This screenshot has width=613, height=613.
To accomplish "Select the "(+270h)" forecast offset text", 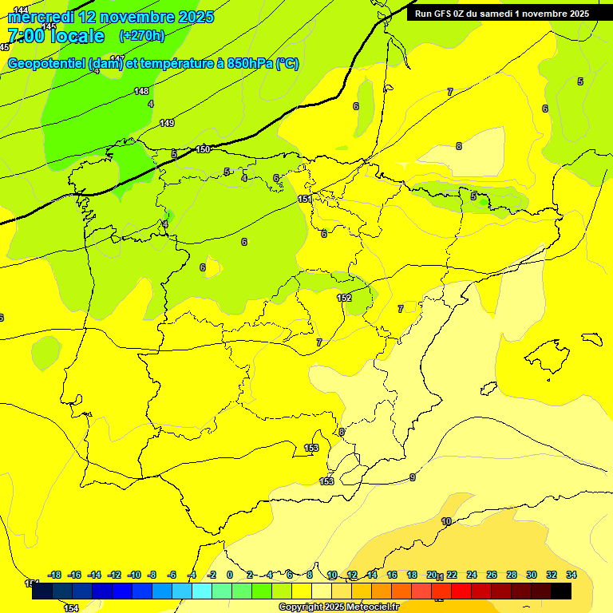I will point(142,35).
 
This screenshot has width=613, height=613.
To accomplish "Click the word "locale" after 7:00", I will point(77,36).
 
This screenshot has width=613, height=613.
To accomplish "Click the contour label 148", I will point(141,91).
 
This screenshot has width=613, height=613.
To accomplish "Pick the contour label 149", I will point(167,123).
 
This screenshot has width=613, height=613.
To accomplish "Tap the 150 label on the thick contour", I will point(203,149).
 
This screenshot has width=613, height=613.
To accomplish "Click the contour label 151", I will point(305,199).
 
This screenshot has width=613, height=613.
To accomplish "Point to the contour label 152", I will point(344,298).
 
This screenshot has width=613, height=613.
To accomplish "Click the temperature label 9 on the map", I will point(413,477).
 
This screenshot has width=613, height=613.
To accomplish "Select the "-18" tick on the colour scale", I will point(54,575).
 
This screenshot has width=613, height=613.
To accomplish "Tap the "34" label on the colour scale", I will point(571,575).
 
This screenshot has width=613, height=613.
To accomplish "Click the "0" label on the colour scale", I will point(230,575).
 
